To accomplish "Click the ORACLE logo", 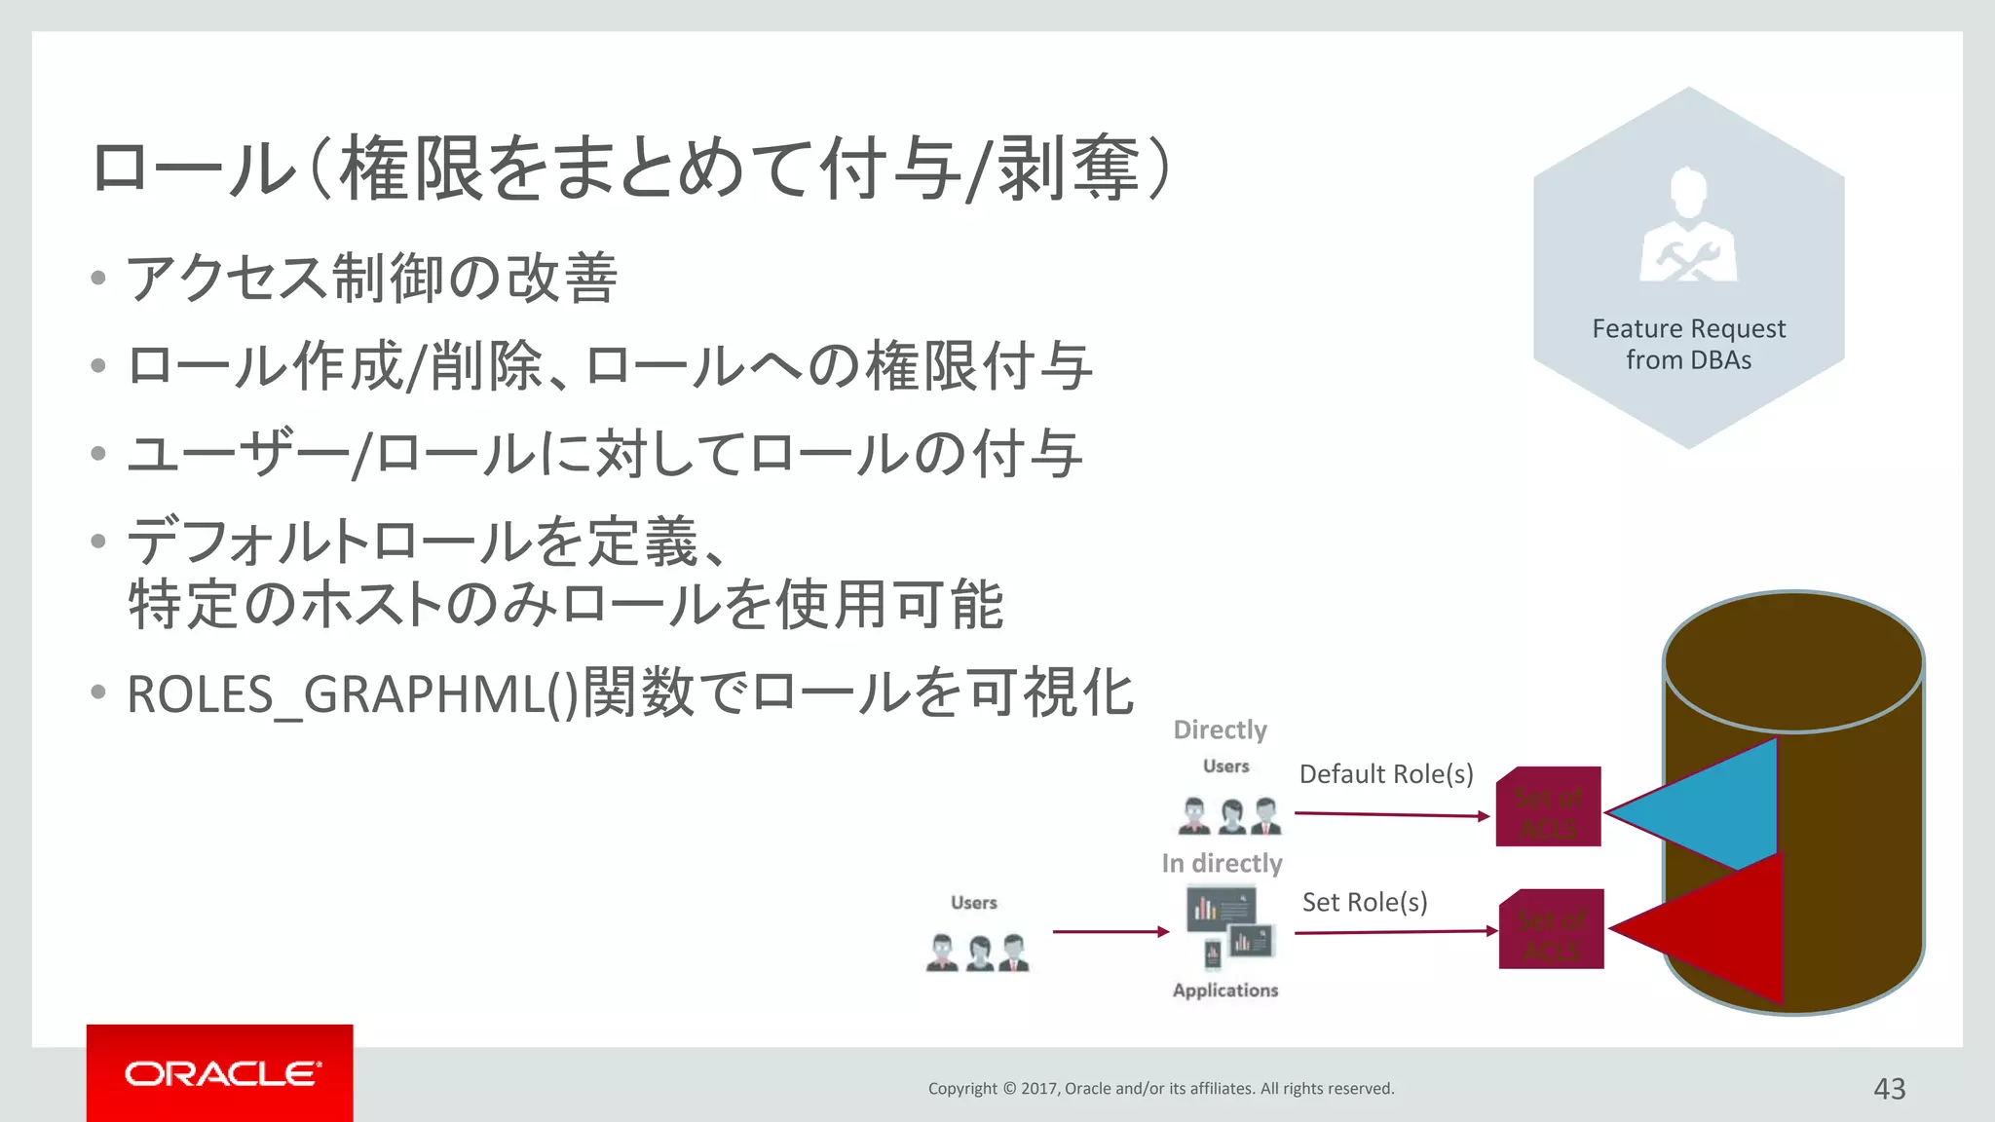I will tap(220, 1073).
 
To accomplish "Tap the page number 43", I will tap(1889, 1088).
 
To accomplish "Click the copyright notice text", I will tap(1160, 1088).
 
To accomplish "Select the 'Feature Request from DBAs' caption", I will tap(1688, 344).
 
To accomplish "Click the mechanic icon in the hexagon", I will tap(1688, 226).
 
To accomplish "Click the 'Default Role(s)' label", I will tap(1385, 774).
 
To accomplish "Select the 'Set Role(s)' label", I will tap(1364, 903).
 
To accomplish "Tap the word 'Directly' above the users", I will tap(1220, 729).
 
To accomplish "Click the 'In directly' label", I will tap(1222, 863).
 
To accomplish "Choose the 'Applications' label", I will tap(1224, 990).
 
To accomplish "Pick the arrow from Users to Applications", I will tap(1110, 932).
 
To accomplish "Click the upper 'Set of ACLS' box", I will tap(1548, 806).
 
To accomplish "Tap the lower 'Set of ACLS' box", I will tap(1551, 929).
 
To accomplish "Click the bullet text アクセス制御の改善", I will tap(372, 278).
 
